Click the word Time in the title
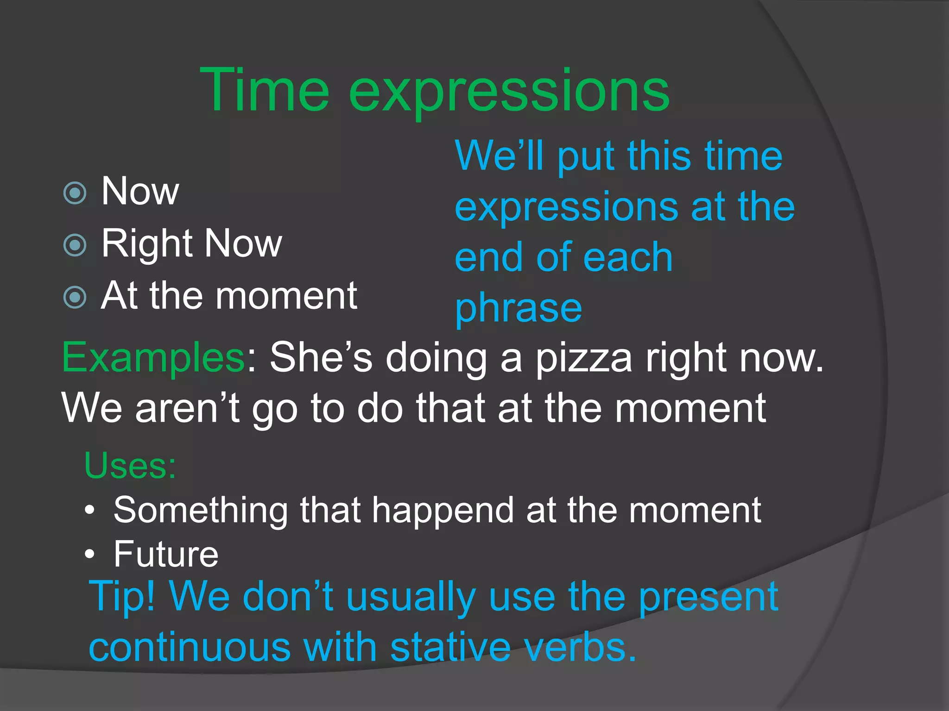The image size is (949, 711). click(264, 90)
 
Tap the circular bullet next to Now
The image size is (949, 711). click(75, 193)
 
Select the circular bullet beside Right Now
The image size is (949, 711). click(75, 245)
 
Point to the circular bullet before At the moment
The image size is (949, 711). click(75, 297)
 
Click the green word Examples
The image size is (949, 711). click(153, 358)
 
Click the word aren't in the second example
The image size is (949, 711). click(187, 408)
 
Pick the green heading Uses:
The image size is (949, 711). click(130, 465)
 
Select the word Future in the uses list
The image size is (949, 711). click(166, 554)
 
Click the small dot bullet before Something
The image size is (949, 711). click(90, 511)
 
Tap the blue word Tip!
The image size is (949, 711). click(122, 597)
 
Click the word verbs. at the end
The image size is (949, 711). click(581, 647)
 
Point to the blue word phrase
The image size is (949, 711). click(518, 308)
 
